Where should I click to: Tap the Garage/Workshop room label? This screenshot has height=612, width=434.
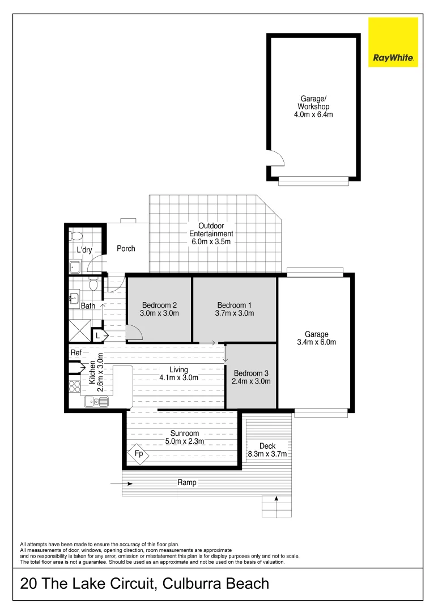313,106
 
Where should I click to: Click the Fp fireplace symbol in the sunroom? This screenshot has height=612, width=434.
138,454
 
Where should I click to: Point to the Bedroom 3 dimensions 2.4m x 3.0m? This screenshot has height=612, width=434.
251,381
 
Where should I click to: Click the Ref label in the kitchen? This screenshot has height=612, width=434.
76,352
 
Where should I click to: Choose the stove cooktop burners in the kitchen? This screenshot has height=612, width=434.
75,386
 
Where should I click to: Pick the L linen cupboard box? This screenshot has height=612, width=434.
97,336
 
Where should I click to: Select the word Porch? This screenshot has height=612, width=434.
126,248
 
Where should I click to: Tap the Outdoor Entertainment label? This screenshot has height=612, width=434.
211,233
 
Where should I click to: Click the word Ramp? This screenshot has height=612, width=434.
187,483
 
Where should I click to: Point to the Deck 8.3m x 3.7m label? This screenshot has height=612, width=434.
267,450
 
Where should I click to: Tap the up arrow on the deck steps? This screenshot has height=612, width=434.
276,499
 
